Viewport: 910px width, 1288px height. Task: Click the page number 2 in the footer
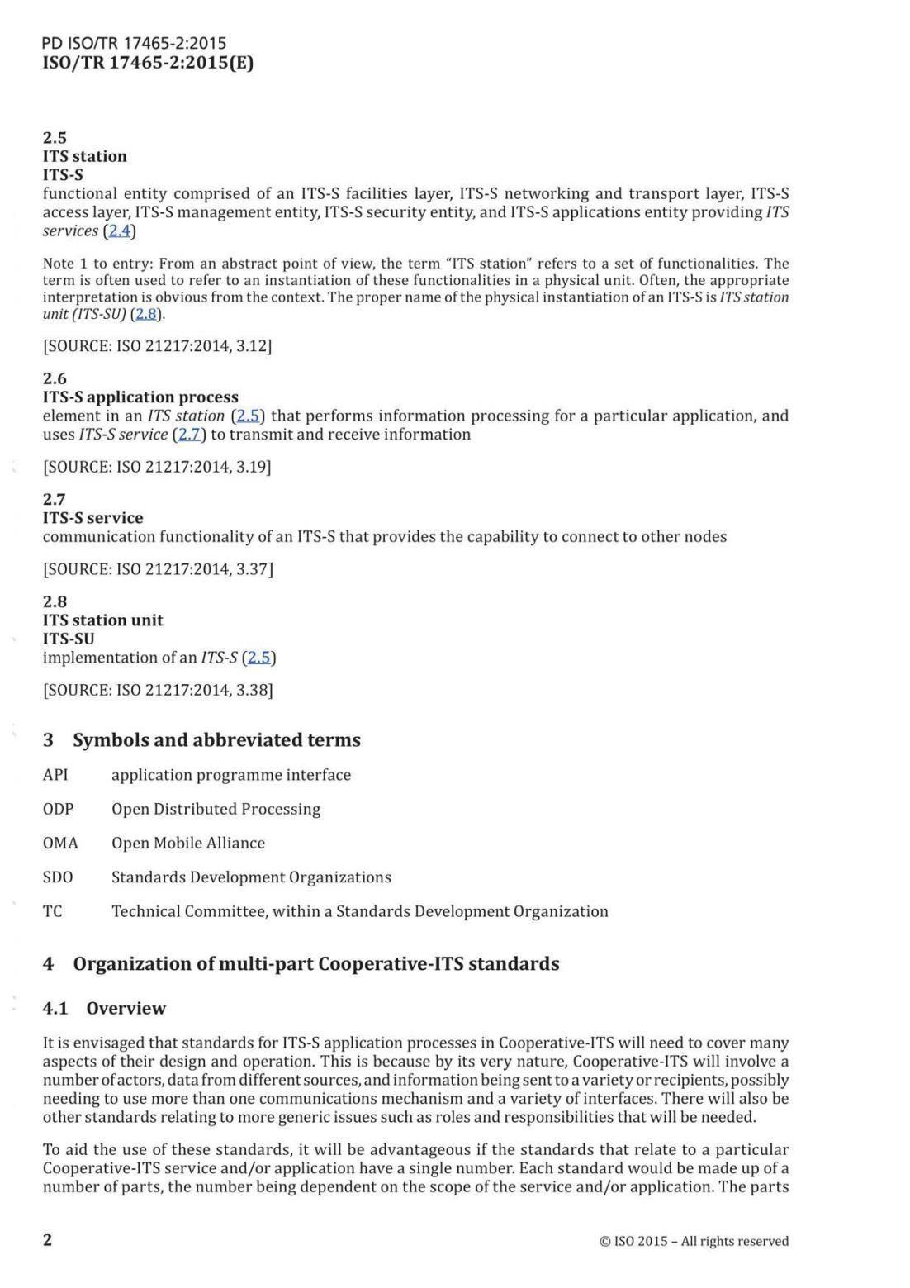coord(47,1239)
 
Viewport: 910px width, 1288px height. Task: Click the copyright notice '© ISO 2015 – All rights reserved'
coord(694,1241)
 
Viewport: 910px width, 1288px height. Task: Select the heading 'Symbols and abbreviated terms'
coord(216,739)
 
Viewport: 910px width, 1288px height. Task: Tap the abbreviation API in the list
coord(55,775)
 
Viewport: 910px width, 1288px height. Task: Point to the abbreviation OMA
coord(60,843)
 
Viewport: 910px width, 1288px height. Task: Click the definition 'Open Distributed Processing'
coord(216,809)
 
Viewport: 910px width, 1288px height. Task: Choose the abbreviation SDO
coord(58,877)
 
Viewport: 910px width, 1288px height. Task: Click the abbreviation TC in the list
coord(52,911)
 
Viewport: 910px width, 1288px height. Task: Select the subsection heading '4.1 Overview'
coord(104,1008)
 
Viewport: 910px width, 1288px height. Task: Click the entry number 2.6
coord(55,378)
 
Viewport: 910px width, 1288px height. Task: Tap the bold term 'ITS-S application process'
coord(140,397)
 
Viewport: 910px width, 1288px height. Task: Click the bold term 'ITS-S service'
coord(92,518)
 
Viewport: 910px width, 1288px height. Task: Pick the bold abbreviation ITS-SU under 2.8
coord(69,639)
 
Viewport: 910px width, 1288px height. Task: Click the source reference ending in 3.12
coord(157,345)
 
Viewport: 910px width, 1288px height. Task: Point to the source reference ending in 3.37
coord(158,569)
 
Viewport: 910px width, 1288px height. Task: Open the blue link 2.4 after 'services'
coord(120,231)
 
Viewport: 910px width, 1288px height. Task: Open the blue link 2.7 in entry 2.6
coord(190,435)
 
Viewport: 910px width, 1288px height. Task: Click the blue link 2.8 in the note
coord(145,314)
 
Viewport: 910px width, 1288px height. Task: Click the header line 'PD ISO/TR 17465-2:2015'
coord(134,43)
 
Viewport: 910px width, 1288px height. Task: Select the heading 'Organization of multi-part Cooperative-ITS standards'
coord(315,963)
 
